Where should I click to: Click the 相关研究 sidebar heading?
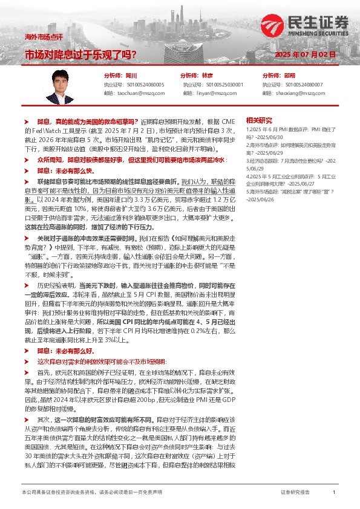point(277,120)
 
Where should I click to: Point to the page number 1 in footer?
point(333,492)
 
